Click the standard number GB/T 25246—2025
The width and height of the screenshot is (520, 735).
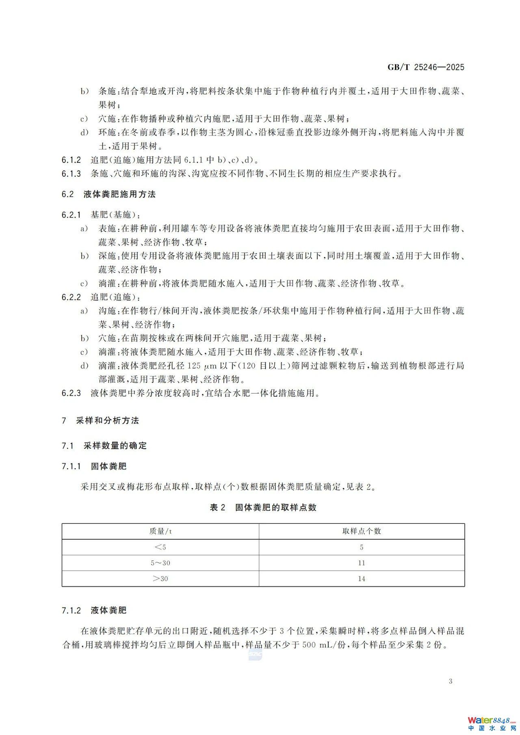tap(425, 67)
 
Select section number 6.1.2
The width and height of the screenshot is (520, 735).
tap(71, 160)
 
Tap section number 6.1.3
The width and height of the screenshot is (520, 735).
tap(71, 174)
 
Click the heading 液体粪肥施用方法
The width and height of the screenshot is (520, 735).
tap(119, 195)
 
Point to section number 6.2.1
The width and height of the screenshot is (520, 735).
tap(71, 215)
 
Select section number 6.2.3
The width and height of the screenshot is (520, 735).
tap(71, 393)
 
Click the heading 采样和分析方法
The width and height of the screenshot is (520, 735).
tap(107, 421)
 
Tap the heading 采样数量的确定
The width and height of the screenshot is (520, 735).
tap(115, 446)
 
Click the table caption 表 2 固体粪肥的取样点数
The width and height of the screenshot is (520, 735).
tap(263, 508)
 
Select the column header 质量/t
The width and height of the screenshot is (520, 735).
tap(160, 531)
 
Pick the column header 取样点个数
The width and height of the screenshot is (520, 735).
tap(362, 531)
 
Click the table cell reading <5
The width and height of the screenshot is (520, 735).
tap(160, 547)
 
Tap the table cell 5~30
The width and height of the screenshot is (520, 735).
tap(160, 563)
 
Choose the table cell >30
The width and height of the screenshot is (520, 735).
tap(160, 579)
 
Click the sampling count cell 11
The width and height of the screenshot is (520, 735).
tap(362, 563)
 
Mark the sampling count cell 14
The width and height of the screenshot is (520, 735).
tap(362, 579)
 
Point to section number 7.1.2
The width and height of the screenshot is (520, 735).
tap(71, 610)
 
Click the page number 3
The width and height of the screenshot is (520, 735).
tap(451, 681)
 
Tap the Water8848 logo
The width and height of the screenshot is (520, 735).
tap(491, 723)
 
